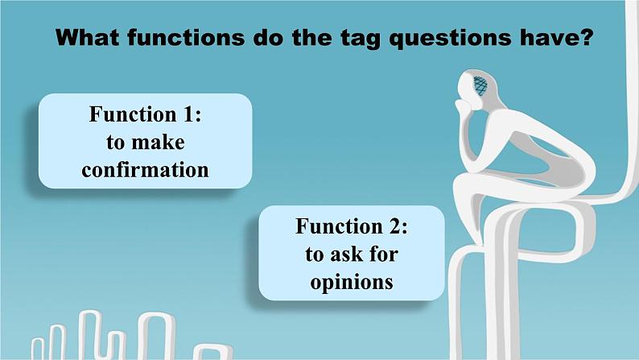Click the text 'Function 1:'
click(145, 115)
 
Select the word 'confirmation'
click(145, 170)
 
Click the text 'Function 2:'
click(352, 227)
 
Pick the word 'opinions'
click(352, 282)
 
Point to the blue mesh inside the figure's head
click(481, 85)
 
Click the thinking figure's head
click(476, 87)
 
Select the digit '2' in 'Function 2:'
click(394, 227)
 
